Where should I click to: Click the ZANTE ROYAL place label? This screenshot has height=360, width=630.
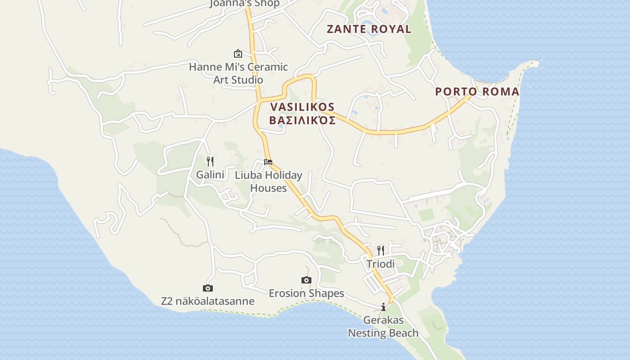[x=369, y=29]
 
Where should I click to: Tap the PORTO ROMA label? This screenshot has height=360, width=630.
[x=477, y=92]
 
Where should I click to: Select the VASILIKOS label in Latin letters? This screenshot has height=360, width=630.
[x=302, y=107]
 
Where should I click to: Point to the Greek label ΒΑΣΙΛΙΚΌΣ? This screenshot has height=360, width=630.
[x=302, y=121]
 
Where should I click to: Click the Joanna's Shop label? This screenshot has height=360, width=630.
[x=245, y=4]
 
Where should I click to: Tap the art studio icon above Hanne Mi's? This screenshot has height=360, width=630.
[x=238, y=54]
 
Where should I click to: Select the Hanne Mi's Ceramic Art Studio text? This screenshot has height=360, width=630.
[x=238, y=73]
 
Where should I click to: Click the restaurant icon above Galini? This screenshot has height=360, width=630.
[x=210, y=161]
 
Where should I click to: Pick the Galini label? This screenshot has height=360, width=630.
[x=210, y=175]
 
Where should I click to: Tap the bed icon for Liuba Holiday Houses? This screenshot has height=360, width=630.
[x=268, y=162]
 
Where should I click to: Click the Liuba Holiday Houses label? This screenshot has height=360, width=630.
[x=269, y=181]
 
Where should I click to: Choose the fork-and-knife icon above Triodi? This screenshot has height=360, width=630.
[x=381, y=250]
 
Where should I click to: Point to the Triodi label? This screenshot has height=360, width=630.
[x=381, y=264]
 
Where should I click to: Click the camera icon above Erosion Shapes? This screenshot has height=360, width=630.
[x=306, y=280]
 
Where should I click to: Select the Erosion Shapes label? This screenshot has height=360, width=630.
[x=306, y=293]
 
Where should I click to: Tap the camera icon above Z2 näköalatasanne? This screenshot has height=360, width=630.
[x=207, y=288]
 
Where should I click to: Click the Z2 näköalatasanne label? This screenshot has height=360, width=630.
[x=207, y=301]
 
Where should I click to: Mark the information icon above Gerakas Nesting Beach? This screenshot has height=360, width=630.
[x=383, y=307]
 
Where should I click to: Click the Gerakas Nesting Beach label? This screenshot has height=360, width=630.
[x=383, y=327]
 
